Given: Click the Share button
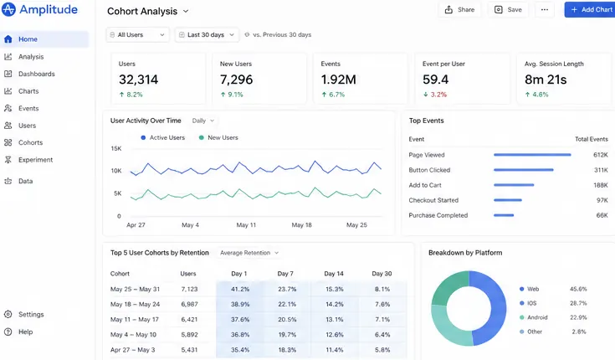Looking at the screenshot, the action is [x=459, y=10].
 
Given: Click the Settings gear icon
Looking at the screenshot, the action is [x=8, y=314].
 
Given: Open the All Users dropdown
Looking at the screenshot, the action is [x=137, y=34].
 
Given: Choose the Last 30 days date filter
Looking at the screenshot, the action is [x=207, y=34].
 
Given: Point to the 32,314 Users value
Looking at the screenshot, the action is [x=138, y=80].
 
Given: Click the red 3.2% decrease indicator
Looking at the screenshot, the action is [x=435, y=95].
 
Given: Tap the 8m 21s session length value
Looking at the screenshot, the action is [x=546, y=80].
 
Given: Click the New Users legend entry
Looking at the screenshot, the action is [x=218, y=137].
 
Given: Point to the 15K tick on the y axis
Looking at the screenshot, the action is [x=116, y=148].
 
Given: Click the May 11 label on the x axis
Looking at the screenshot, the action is [x=246, y=225].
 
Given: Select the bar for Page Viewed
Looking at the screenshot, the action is [x=532, y=155].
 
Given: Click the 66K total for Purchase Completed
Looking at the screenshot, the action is [x=602, y=215].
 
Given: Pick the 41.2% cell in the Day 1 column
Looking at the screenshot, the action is [x=240, y=289].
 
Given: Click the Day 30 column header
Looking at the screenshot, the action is [x=382, y=274].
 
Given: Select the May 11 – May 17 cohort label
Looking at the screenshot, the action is [x=135, y=319].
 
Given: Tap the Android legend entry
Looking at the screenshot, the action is [x=534, y=317].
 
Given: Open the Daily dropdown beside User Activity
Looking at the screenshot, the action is [x=203, y=121].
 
